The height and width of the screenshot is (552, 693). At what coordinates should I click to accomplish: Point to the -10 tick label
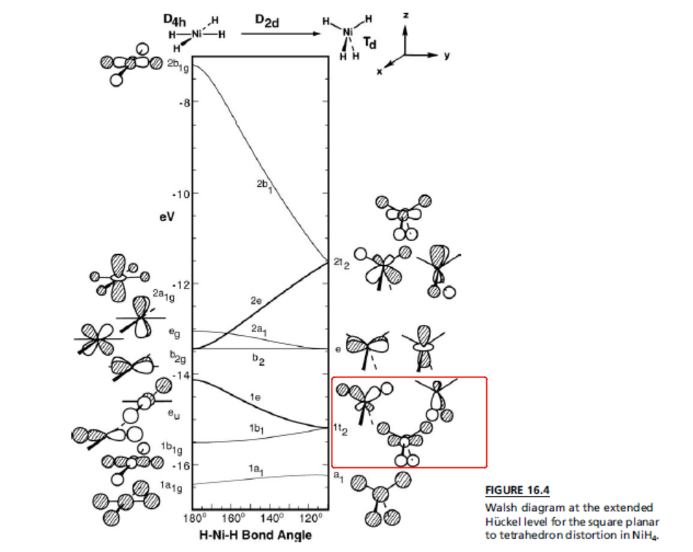pos(180,194)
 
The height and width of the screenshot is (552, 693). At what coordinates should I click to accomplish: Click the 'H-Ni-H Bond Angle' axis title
pos(256,536)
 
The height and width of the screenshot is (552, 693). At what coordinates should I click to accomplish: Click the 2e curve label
pos(256,300)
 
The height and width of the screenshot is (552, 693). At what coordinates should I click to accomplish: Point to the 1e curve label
pos(255,397)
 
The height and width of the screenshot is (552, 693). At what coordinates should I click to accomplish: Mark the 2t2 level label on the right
pos(341,264)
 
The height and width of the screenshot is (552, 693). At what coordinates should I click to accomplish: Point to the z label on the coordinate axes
pos(407,15)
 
